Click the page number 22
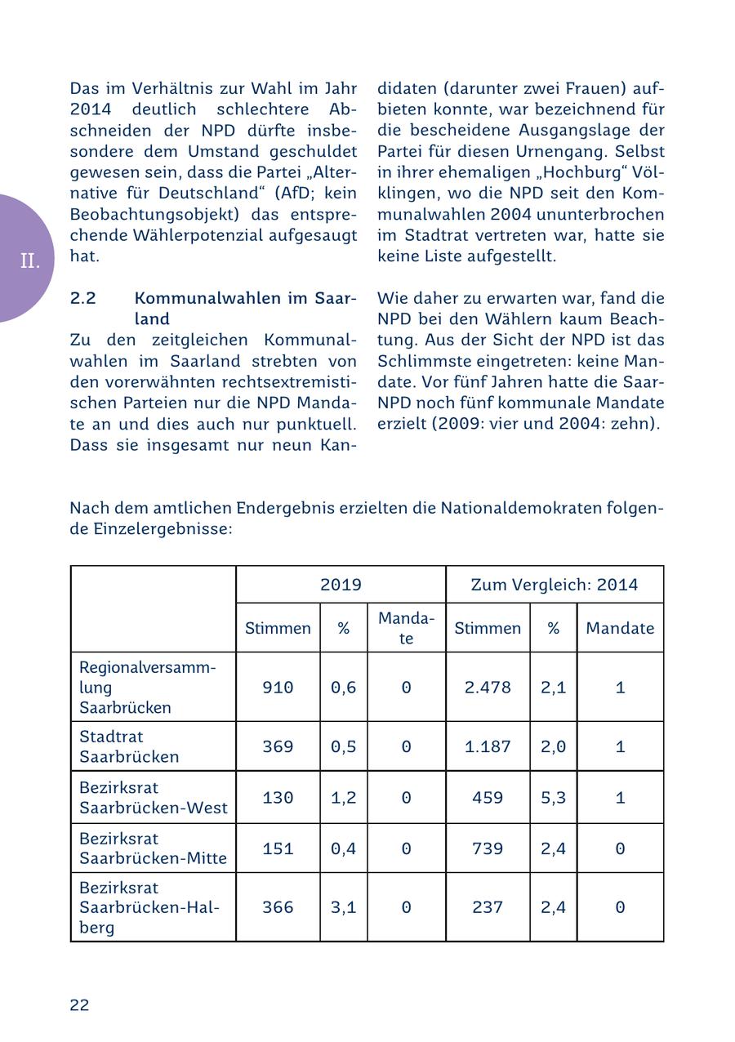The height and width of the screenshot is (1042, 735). tap(79, 1005)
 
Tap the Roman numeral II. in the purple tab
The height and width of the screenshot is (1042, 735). tap(30, 261)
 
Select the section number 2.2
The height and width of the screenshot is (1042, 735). tap(83, 298)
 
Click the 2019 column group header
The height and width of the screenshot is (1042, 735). tap(341, 585)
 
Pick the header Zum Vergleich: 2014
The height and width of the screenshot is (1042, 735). tap(555, 585)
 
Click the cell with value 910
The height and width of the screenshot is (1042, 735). tap(278, 688)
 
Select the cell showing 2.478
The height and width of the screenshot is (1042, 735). tap(488, 688)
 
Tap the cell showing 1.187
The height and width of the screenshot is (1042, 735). tap(488, 746)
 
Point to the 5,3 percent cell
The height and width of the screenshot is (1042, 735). tap(553, 797)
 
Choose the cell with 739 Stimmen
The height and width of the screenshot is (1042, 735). tap(488, 848)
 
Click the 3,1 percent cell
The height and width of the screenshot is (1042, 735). tap(343, 907)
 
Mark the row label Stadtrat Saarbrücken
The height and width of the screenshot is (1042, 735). tap(129, 746)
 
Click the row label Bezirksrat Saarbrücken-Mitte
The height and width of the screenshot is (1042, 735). tap(153, 848)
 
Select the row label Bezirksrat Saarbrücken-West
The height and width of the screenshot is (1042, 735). tap(153, 798)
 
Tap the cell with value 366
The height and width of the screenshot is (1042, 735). tap(278, 907)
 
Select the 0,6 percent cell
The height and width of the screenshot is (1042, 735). tap(343, 688)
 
